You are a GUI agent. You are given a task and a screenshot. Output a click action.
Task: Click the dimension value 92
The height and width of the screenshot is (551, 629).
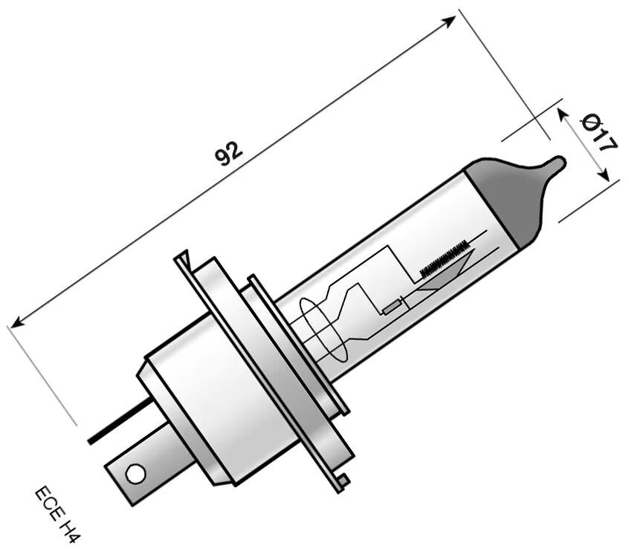229,152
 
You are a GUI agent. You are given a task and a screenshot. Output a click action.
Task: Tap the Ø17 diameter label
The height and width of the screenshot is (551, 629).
599,132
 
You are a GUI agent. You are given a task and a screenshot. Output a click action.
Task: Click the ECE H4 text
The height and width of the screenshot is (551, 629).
57,514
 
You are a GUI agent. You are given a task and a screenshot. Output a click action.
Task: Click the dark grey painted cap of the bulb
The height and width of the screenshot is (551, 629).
506,197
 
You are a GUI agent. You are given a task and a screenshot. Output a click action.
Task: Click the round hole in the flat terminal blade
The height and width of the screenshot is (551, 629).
135,473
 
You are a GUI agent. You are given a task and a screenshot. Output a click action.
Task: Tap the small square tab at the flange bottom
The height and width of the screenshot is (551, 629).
341,482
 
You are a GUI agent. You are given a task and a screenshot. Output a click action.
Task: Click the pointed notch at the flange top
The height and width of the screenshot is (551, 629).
184,259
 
